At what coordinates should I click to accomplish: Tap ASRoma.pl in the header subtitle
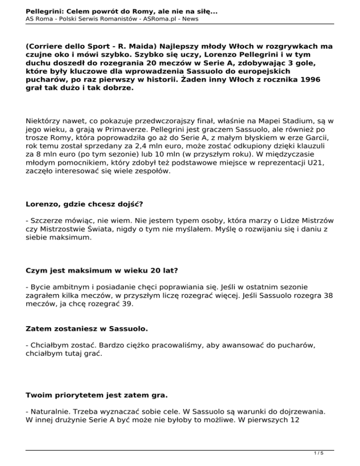tap(155, 19)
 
